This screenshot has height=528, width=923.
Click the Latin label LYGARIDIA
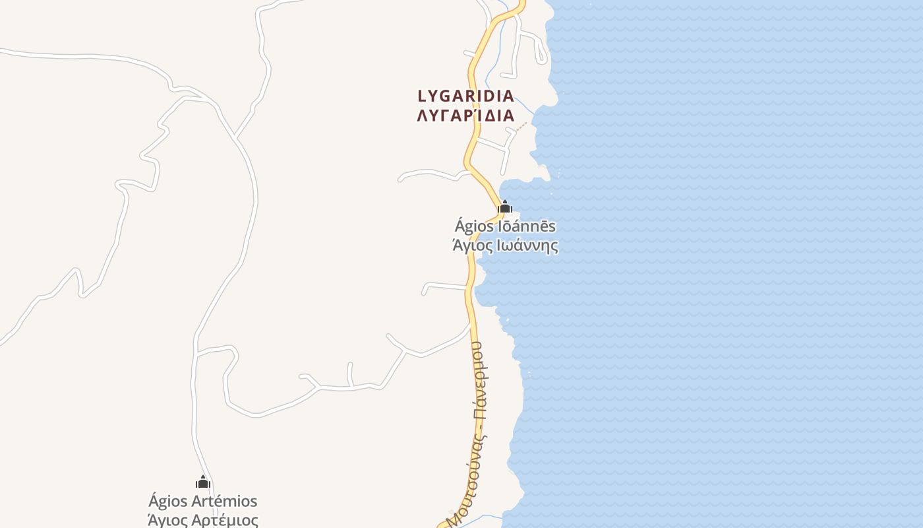(x=466, y=96)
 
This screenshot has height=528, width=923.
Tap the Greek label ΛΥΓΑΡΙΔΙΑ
(x=466, y=115)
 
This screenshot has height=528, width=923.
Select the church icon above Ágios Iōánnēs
(x=505, y=207)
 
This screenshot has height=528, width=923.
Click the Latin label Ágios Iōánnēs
(x=505, y=226)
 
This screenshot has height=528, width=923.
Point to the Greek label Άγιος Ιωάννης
(x=505, y=246)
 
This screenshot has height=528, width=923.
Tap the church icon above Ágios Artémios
(x=203, y=482)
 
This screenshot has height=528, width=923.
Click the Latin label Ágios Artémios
(x=203, y=502)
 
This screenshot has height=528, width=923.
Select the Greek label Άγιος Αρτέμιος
(x=203, y=520)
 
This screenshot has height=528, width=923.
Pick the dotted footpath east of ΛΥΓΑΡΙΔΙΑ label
(x=522, y=125)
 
